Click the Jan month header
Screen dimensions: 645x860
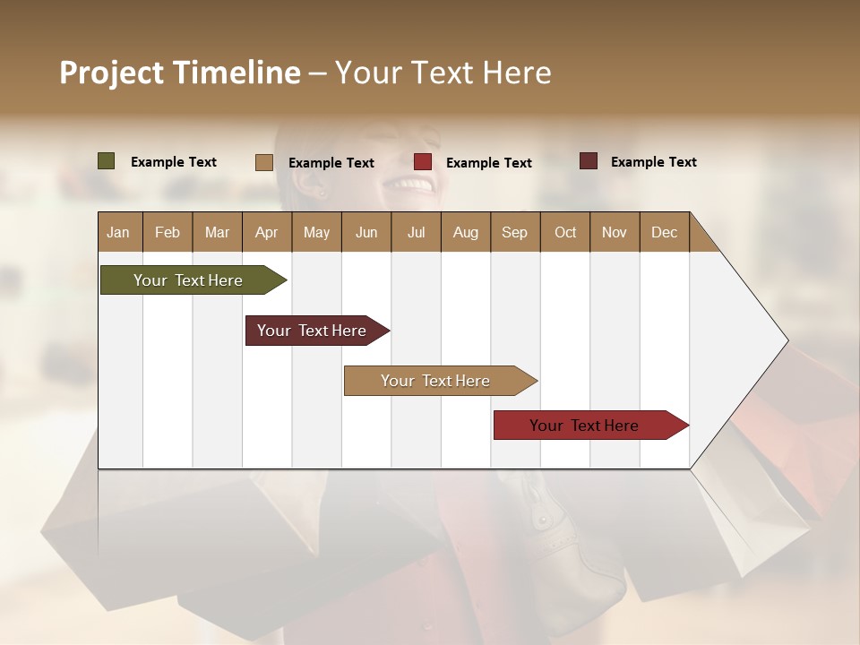pyautogui.click(x=118, y=232)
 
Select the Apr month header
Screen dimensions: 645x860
pyautogui.click(x=266, y=232)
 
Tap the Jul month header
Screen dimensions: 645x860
pyautogui.click(x=416, y=232)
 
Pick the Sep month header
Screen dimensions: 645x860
pyautogui.click(x=514, y=232)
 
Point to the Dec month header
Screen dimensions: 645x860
pyautogui.click(x=664, y=232)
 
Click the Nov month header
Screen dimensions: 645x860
pyautogui.click(x=614, y=232)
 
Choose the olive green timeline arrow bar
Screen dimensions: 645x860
pyautogui.click(x=188, y=280)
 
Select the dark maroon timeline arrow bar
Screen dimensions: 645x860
pyautogui.click(x=312, y=331)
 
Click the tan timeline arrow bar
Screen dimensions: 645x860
pyautogui.click(x=435, y=381)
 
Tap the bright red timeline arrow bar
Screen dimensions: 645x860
pyautogui.click(x=584, y=426)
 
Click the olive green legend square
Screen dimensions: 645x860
pyautogui.click(x=106, y=161)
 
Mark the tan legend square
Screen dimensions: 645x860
pyautogui.click(x=264, y=162)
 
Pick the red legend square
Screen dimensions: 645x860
pyautogui.click(x=423, y=162)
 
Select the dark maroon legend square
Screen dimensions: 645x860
pyautogui.click(x=589, y=161)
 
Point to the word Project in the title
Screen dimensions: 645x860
pyautogui.click(x=112, y=73)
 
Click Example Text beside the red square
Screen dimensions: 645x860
pyautogui.click(x=488, y=162)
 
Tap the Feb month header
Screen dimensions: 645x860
pyautogui.click(x=168, y=232)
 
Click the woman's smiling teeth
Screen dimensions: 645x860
pyautogui.click(x=412, y=184)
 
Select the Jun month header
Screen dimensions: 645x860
pyautogui.click(x=366, y=232)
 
